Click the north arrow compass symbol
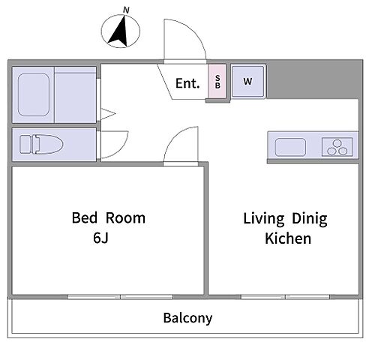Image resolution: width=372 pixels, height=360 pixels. pos(120,31)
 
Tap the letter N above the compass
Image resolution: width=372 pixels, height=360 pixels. pos(126,10)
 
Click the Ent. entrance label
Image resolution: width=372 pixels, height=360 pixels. pos(187,83)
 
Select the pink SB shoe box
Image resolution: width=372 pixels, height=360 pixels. pos(217,81)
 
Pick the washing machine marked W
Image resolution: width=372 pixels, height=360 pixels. pos(247,81)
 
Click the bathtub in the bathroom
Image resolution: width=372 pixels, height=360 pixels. pos(34,94)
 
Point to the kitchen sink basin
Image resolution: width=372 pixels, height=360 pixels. pos(290,147)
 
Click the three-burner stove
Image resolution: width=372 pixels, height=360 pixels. pos(337,147)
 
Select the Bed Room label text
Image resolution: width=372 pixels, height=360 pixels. pos(109,217)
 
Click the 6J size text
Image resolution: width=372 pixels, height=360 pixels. pos(100,238)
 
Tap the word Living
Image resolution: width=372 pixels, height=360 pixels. pos(264,219)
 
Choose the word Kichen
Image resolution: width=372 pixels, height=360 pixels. pos(288,238)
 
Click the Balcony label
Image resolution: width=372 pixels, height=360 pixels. pos(187,318)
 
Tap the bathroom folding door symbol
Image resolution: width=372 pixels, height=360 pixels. pos(108,114)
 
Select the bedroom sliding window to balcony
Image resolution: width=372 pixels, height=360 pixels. pos(120,297)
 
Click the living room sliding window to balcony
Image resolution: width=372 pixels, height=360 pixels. pos(285,297)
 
